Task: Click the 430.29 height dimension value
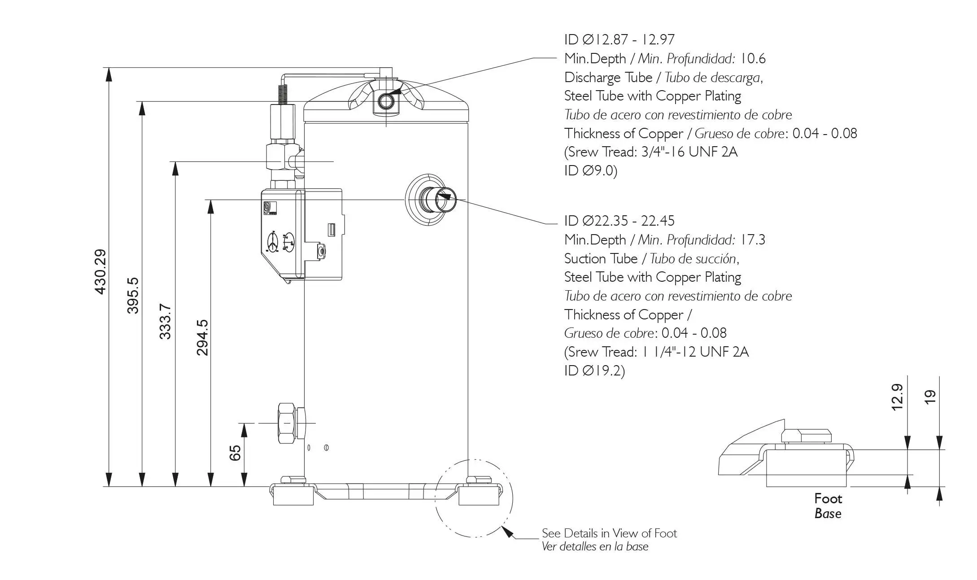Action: coord(100,272)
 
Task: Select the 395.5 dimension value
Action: coord(133,295)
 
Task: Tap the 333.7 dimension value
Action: coord(166,322)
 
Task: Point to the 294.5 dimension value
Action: coord(202,337)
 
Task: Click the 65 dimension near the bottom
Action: coord(235,453)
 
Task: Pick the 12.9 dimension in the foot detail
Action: coord(896,397)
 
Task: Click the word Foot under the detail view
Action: coord(828,498)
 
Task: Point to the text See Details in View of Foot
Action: coord(609,533)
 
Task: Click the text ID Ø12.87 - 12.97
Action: coord(619,39)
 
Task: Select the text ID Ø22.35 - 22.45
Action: coord(619,221)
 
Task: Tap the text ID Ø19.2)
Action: coord(594,371)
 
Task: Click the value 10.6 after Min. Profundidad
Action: coord(753,58)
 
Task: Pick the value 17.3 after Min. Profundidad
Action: coord(753,240)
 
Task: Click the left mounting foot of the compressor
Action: coord(293,495)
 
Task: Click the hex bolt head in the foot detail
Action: coord(807,436)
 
